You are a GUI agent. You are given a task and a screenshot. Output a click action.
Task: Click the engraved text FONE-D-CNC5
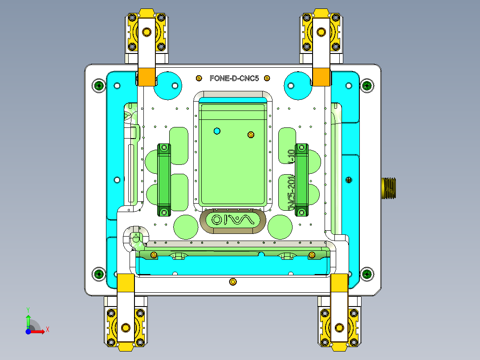click(x=234, y=78)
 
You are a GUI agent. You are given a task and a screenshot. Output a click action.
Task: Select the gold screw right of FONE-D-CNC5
click(x=267, y=78)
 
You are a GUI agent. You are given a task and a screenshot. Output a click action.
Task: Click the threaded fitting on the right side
click(x=389, y=187)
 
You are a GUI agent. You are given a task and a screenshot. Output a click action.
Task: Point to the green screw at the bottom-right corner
click(x=366, y=274)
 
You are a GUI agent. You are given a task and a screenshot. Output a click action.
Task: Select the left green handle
click(x=164, y=180)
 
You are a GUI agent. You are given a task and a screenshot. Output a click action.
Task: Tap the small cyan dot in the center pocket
click(x=217, y=131)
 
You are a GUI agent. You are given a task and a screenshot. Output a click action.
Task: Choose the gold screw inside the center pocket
click(x=251, y=135)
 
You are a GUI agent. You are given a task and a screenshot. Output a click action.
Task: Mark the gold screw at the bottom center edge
click(x=232, y=282)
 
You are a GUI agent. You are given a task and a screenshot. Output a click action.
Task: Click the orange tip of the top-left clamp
click(x=146, y=77)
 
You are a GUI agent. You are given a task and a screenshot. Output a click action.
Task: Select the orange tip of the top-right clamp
click(x=321, y=77)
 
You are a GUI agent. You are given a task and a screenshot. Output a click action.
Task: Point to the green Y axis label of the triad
click(x=28, y=309)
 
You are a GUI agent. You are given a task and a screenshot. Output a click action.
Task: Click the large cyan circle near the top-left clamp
click(x=168, y=85)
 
